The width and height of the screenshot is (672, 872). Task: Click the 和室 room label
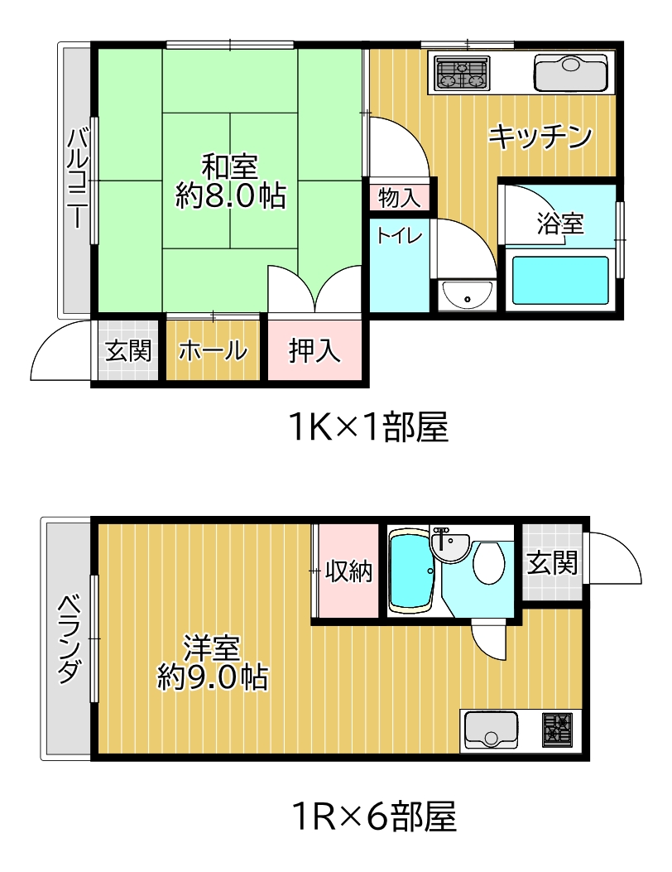coord(229,165)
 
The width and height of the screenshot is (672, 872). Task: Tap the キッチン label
coord(540,137)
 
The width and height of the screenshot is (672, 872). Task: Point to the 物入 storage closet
coord(400,197)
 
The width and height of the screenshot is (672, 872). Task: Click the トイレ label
coord(399,236)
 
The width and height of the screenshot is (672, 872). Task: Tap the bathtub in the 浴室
coord(559,279)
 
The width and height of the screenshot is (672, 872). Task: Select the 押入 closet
coord(314,349)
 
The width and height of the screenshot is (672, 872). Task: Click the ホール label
coord(213,351)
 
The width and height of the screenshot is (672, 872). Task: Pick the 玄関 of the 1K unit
coord(128,349)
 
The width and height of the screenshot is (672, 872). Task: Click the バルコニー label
coord(77,178)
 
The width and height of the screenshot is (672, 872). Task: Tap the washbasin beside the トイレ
coord(466,295)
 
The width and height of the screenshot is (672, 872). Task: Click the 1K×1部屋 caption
coord(369,427)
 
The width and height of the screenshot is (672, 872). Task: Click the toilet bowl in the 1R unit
coord(488,562)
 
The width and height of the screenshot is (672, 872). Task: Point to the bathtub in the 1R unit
coord(410,571)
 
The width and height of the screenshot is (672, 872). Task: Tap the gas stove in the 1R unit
coord(557,730)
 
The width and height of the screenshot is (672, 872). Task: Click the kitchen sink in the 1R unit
coord(491,730)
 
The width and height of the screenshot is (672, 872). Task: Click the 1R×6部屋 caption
coord(373,816)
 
